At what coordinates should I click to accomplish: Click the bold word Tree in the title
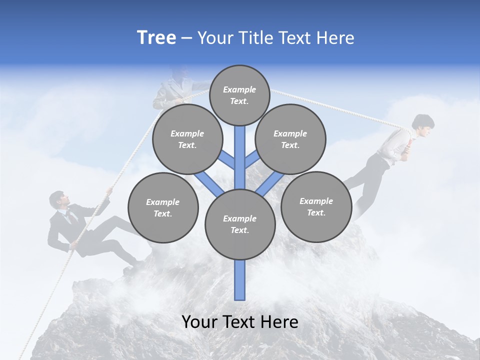[x=156, y=38]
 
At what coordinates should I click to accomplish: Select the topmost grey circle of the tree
[x=239, y=95]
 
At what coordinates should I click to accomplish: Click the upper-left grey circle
[x=187, y=139]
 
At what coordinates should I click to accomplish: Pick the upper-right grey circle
[x=290, y=139]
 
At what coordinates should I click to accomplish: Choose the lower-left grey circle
[x=163, y=207]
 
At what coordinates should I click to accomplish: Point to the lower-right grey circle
[x=316, y=206]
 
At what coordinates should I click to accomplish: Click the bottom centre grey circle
[x=240, y=224]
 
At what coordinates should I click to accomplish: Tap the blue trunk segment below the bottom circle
[x=240, y=280]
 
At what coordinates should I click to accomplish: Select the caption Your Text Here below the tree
[x=240, y=322]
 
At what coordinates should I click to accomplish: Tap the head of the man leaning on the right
[x=422, y=123]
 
